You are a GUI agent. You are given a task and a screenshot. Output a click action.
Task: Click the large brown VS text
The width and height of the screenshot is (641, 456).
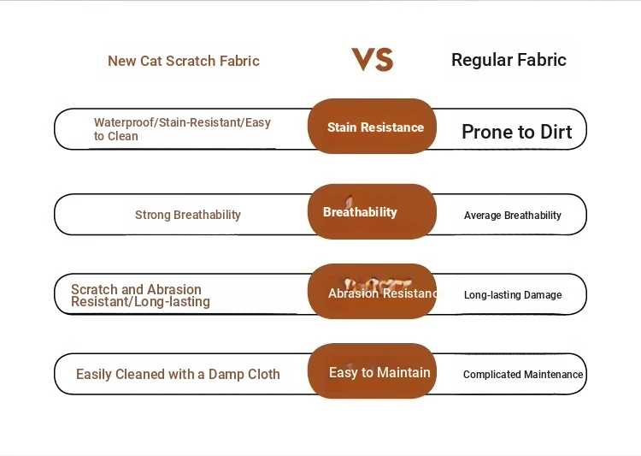tap(373, 59)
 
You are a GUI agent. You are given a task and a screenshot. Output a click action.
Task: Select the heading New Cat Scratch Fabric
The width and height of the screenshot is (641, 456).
tap(184, 61)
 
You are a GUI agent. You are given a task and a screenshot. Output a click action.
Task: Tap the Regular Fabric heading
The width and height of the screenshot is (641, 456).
tap(509, 60)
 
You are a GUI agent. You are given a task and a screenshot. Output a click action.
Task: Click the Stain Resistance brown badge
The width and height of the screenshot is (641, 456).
tap(372, 126)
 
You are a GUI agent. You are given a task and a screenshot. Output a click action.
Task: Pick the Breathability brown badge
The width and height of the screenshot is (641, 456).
tap(372, 211)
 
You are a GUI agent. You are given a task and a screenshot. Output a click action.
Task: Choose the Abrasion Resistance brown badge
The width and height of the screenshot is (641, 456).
tap(372, 292)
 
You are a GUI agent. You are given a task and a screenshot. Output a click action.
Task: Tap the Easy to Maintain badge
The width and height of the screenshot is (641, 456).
tap(372, 370)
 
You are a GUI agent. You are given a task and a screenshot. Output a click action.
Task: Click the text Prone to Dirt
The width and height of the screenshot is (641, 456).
tap(517, 132)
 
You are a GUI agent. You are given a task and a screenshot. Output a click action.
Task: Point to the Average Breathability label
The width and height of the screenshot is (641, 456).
tap(513, 216)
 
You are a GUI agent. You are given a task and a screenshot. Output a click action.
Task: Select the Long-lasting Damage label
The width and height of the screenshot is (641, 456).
tap(513, 294)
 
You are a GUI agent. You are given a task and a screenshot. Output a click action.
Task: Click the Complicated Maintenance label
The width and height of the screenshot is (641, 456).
tap(523, 375)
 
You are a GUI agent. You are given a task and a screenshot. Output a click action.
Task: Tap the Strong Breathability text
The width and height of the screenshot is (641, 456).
tap(188, 215)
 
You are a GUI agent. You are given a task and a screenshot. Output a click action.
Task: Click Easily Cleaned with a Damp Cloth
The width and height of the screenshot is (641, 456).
tap(178, 374)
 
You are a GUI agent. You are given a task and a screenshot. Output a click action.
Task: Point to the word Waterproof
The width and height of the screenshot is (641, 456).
tap(125, 122)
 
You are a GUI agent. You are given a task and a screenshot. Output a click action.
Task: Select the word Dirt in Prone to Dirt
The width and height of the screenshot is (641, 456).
tap(556, 132)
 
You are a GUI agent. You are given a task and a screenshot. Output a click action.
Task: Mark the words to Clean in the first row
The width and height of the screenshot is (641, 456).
tap(116, 136)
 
